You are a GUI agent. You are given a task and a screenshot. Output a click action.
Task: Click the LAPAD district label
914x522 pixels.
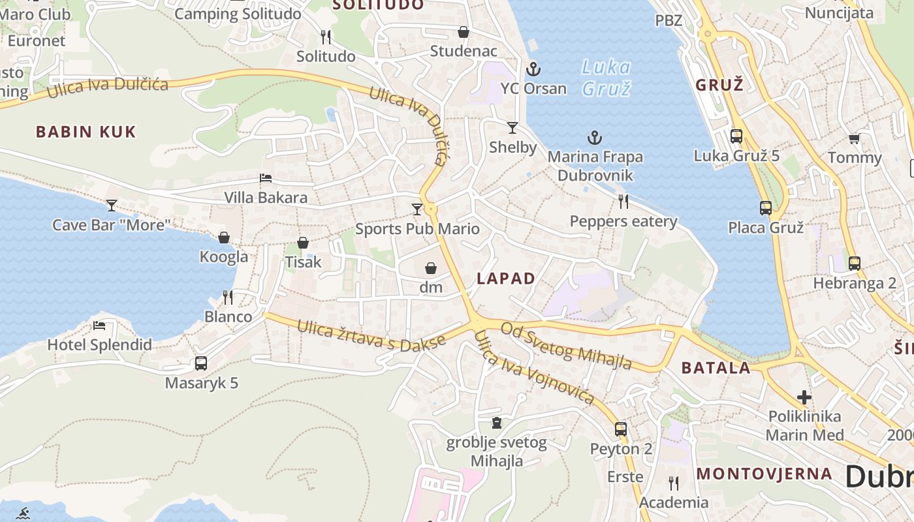pyautogui.click(x=506, y=279)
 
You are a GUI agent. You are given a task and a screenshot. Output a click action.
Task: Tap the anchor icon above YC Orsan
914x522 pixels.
pyautogui.click(x=533, y=69)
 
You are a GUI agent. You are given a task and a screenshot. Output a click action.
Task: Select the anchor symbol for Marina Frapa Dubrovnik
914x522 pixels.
pyautogui.click(x=594, y=138)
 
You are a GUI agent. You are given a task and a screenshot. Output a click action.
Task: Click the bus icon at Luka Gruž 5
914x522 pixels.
pyautogui.click(x=736, y=136)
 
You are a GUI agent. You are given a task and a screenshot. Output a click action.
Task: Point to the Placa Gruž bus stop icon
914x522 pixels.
pyautogui.click(x=766, y=208)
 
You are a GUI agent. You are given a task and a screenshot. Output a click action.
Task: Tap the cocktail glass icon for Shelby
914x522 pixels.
pyautogui.click(x=512, y=128)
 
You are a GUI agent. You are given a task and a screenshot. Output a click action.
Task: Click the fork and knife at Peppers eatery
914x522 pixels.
pyautogui.click(x=623, y=202)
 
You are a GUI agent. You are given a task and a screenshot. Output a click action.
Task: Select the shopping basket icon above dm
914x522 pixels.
pyautogui.click(x=431, y=268)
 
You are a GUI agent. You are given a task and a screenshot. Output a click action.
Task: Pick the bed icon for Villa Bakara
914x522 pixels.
pyautogui.click(x=266, y=177)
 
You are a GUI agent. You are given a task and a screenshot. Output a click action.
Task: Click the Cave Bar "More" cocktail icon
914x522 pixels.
pyautogui.click(x=112, y=206)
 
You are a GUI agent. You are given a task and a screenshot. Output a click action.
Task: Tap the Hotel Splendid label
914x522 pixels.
pyautogui.click(x=99, y=345)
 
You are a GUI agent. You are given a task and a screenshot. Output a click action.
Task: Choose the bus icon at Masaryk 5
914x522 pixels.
pyautogui.click(x=201, y=363)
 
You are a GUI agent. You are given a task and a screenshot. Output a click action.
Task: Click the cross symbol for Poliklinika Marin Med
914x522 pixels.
pyautogui.click(x=804, y=397)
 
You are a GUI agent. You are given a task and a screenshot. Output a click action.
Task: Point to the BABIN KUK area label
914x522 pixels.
pyautogui.click(x=86, y=132)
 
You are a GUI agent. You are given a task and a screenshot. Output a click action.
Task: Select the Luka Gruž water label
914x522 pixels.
pyautogui.click(x=607, y=78)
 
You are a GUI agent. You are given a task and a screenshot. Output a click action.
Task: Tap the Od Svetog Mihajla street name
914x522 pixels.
pyautogui.click(x=566, y=346)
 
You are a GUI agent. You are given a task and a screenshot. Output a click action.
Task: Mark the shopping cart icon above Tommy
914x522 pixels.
pyautogui.click(x=854, y=138)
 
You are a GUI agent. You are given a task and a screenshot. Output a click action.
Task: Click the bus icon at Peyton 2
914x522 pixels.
pyautogui.click(x=621, y=429)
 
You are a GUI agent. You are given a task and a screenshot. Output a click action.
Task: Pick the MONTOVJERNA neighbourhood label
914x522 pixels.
pyautogui.click(x=764, y=474)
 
